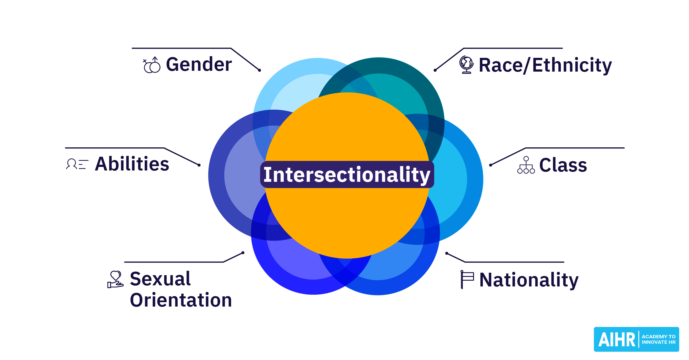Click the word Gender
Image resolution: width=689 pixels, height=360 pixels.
[x=199, y=64]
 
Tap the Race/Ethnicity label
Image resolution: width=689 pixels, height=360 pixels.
[x=545, y=65]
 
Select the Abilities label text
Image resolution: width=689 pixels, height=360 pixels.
[x=132, y=164]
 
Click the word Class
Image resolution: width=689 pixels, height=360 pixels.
[x=563, y=165]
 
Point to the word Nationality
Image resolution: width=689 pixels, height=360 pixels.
[x=529, y=280]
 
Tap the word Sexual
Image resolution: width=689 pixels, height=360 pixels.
[x=160, y=279]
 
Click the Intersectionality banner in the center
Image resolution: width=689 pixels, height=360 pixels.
[x=347, y=175]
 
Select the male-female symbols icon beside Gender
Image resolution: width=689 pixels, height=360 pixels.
[x=152, y=65]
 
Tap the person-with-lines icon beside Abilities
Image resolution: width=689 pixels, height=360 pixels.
[x=77, y=164]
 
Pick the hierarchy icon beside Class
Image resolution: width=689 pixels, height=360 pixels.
[x=526, y=165]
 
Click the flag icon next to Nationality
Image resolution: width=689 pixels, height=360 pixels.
[x=467, y=280]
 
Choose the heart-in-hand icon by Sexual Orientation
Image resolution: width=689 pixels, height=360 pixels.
[x=115, y=279]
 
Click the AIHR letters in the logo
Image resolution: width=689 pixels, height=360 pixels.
[x=617, y=340]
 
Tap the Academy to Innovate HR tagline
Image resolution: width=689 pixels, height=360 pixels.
[x=658, y=339]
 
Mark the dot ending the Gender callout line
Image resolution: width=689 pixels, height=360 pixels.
[x=260, y=70]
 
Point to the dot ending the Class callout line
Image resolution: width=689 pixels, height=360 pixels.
[x=490, y=165]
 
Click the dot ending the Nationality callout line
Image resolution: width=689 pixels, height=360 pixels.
[x=447, y=253]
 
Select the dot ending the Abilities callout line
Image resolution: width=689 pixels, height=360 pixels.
[x=199, y=165]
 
